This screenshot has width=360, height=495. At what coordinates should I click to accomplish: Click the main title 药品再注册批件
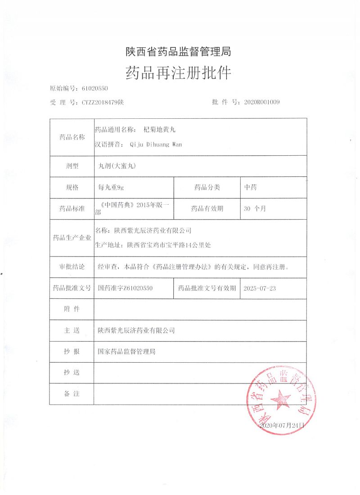click(x=178, y=72)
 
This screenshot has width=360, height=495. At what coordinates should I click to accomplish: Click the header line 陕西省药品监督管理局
click(x=178, y=52)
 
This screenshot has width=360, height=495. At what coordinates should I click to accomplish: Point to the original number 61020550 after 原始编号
click(x=93, y=89)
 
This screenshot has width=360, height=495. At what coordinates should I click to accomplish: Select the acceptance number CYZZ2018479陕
click(x=103, y=102)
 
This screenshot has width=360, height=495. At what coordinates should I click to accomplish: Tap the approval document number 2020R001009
click(x=261, y=102)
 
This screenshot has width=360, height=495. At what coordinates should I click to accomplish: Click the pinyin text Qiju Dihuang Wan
click(x=156, y=144)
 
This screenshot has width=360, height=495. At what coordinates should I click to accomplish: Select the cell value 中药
click(x=250, y=187)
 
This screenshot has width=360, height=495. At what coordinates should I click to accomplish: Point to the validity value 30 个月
click(x=255, y=208)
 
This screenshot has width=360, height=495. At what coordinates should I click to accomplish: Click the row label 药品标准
click(x=72, y=208)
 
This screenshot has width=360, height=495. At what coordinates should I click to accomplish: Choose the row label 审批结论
click(x=72, y=266)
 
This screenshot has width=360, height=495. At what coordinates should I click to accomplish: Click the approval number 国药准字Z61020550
click(x=126, y=288)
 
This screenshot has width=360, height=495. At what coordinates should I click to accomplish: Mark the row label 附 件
click(x=72, y=309)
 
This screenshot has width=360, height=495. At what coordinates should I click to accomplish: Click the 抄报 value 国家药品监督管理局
click(x=126, y=351)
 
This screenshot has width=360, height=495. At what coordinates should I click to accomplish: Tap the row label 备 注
click(x=72, y=394)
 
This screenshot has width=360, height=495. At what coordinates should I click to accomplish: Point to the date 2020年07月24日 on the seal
click(x=282, y=425)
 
